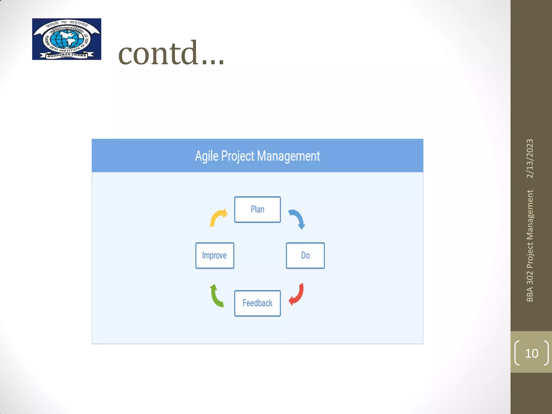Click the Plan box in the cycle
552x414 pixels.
click(x=257, y=209)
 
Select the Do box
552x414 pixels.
click(x=305, y=255)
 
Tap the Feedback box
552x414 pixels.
click(x=257, y=303)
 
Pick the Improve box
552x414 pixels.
click(x=215, y=255)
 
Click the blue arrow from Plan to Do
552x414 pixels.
click(x=298, y=219)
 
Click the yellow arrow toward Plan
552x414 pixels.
click(x=218, y=217)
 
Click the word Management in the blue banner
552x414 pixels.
click(x=288, y=156)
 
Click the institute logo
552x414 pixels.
click(x=67, y=39)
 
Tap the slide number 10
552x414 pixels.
click(x=532, y=353)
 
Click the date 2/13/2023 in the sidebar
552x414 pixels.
click(x=530, y=158)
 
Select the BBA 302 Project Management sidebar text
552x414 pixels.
click(x=530, y=246)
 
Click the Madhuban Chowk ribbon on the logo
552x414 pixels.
click(x=67, y=55)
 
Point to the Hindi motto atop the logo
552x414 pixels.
click(x=67, y=24)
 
